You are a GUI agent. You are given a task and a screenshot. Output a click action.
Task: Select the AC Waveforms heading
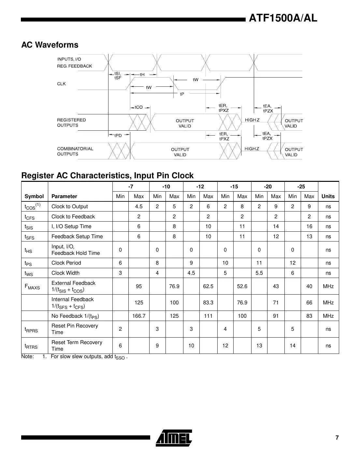[x=50, y=45]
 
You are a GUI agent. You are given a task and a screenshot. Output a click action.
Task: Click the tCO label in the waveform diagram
[x=139, y=107]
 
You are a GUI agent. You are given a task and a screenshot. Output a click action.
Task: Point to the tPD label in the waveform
[x=118, y=135]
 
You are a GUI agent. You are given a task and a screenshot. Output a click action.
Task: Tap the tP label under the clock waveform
[x=182, y=94]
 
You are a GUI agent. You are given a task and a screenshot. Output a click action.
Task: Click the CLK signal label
[x=61, y=84]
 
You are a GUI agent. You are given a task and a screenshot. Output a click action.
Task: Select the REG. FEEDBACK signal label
[x=74, y=66]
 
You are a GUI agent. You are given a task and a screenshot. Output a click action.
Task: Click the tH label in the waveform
[x=142, y=74]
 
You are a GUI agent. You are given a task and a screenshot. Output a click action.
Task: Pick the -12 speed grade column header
[x=200, y=186]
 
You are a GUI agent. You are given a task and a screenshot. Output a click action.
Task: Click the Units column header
[x=328, y=196]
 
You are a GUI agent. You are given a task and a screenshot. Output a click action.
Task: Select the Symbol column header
[x=34, y=196]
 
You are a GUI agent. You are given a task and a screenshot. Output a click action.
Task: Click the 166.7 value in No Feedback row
[x=139, y=316]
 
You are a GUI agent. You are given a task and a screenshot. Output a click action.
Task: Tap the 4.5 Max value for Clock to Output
[x=139, y=206]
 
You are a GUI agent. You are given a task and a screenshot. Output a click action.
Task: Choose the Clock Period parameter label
[x=66, y=263]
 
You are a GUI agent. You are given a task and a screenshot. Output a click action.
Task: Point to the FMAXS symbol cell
[x=32, y=287]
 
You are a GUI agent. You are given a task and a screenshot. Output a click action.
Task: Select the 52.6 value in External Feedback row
[x=242, y=286]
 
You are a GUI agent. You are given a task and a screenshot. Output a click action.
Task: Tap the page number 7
[x=337, y=438]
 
